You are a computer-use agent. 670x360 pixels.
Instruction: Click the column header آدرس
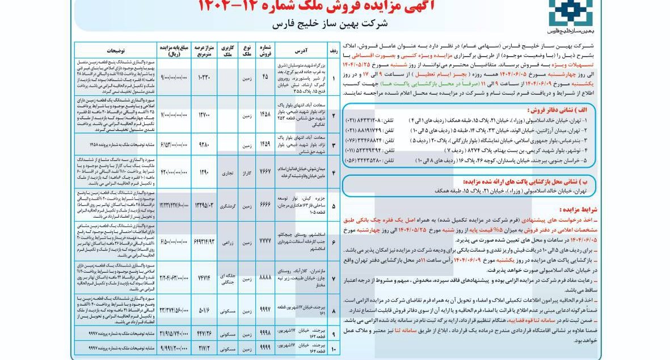(x=301, y=50)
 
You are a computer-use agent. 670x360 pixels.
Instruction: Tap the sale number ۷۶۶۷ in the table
(x=266, y=172)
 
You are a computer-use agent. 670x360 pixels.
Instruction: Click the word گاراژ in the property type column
(x=247, y=172)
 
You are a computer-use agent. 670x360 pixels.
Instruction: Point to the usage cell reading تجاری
(x=227, y=172)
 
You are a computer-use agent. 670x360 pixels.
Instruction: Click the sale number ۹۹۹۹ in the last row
(x=266, y=347)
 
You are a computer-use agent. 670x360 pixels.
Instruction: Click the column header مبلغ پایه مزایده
(x=173, y=50)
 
